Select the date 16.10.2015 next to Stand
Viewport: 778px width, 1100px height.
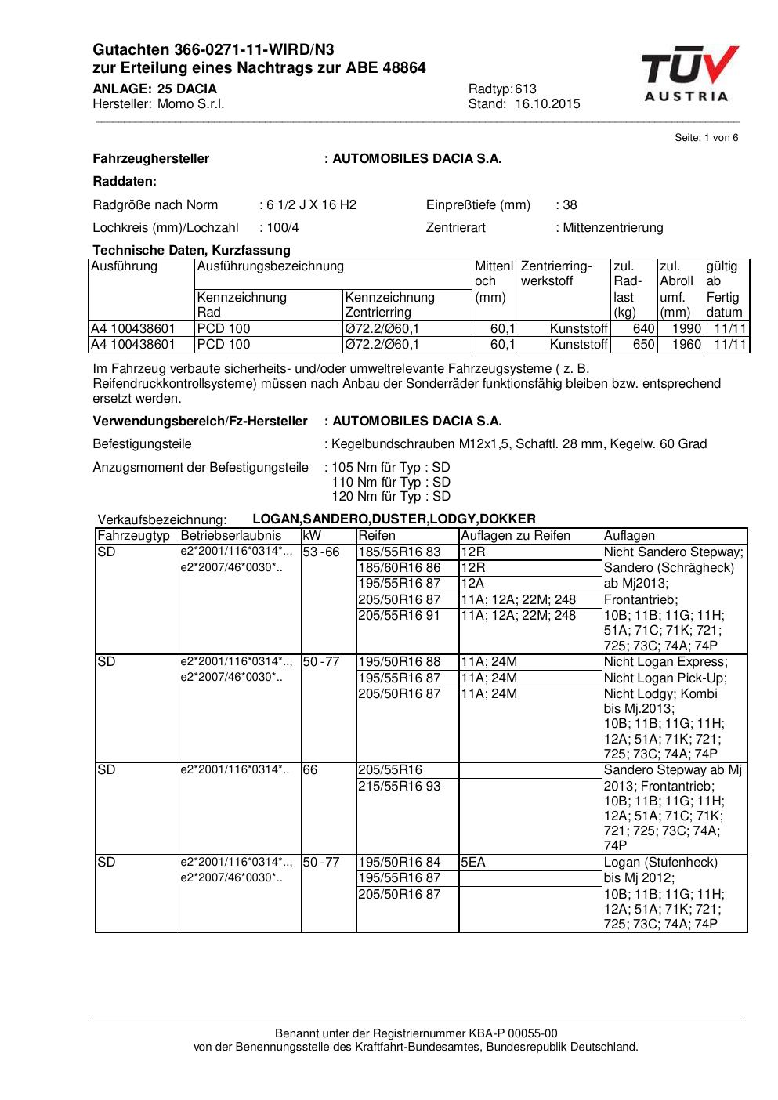pyautogui.click(x=548, y=104)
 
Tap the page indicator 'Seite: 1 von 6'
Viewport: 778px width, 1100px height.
pyautogui.click(x=706, y=138)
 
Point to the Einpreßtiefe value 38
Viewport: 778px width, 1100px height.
pyautogui.click(x=570, y=205)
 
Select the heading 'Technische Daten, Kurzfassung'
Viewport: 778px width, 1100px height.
pyautogui.click(x=191, y=251)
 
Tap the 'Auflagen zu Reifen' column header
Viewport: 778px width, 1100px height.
pyautogui.click(x=516, y=536)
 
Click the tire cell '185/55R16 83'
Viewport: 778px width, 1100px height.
pyautogui.click(x=400, y=552)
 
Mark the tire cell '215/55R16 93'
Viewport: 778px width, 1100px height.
pyautogui.click(x=400, y=786)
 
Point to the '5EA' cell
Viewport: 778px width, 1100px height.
pyautogui.click(x=473, y=863)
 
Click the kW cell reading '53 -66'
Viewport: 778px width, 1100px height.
pyautogui.click(x=321, y=552)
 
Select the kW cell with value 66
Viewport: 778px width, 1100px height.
pyautogui.click(x=310, y=770)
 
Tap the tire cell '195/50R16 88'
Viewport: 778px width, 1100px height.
pyautogui.click(x=400, y=662)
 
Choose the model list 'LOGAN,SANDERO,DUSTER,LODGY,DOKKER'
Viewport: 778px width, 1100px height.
pyautogui.click(x=394, y=519)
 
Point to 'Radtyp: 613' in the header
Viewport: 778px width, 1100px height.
pyautogui.click(x=502, y=89)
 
